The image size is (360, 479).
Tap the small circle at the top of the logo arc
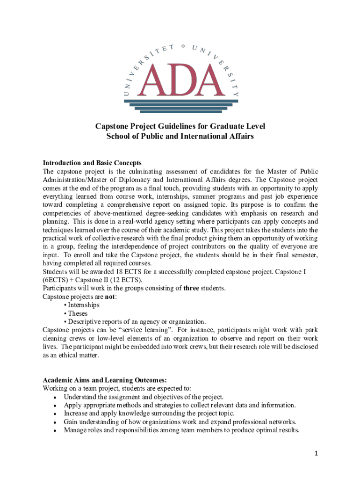coord(183,46)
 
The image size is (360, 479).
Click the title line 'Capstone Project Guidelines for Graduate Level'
coord(180,126)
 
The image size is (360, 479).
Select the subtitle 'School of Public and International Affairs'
coord(180,136)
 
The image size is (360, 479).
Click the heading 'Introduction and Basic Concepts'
coord(92,163)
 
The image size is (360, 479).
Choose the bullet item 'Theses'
coord(78,313)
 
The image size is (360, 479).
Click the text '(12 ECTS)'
coord(128,280)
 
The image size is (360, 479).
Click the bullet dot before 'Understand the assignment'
coord(55,397)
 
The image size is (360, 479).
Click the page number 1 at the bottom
coord(316,453)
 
